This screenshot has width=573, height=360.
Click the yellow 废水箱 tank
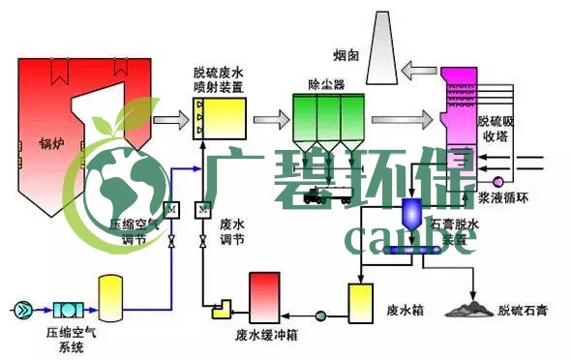[362, 303]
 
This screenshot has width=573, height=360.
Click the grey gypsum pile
[466, 308]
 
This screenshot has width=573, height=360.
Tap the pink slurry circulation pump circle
[498, 180]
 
